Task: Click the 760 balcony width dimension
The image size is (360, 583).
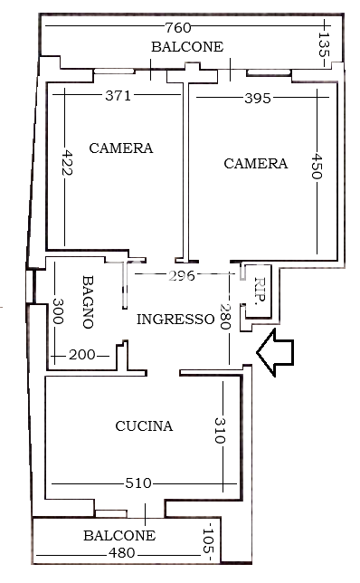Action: coord(178,27)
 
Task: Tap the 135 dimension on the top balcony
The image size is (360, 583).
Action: coord(324,44)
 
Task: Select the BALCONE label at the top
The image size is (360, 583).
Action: coord(187,47)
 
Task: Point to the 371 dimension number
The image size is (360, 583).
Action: coord(118,96)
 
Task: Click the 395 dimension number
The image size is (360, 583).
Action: coord(258,99)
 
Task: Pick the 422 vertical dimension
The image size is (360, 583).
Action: coord(67,162)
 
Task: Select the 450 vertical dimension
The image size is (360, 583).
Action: coord(317,167)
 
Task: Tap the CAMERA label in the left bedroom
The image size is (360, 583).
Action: coord(121,148)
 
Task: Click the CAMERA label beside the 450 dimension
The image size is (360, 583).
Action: coord(256,164)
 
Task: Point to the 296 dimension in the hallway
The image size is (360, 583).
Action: coord(182,276)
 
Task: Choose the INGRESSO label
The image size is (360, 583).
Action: coord(175,320)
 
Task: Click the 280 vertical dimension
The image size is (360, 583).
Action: coord(225,317)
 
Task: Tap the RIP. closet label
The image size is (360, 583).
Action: coord(261,291)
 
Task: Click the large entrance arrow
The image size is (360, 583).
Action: coord(275,352)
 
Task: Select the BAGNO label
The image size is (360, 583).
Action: coord(88,302)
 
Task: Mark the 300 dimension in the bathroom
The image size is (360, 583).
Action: coord(58,311)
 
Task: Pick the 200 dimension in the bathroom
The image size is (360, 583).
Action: coord(82,355)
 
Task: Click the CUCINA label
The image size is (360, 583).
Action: coord(144,426)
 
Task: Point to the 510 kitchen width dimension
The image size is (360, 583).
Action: coord(138,483)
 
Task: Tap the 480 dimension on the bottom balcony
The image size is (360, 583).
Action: coord(122,553)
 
